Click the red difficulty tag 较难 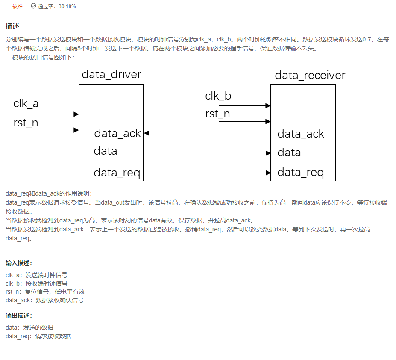coord(18,6)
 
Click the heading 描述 coord(12,26)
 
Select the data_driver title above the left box coord(111,75)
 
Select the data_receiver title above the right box coord(310,76)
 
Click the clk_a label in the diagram coord(26,104)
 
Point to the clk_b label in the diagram coord(218,96)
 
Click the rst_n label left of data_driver coord(26,123)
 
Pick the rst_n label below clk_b coord(217,114)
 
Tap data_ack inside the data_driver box coord(117,133)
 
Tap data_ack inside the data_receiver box coord(301,134)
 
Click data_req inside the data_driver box coord(117,173)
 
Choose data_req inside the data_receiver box coord(300,173)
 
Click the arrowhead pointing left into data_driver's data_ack coord(146,133)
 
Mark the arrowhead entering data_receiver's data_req coord(268,173)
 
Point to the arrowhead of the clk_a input coord(76,114)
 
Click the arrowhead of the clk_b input coord(268,105)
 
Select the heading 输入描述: coord(19,263)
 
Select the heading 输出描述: coord(19,316)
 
